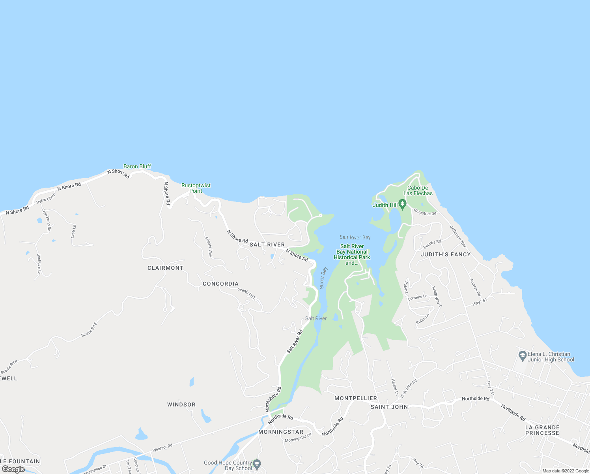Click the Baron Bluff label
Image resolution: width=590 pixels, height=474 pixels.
point(137,166)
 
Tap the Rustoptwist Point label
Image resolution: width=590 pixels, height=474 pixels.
point(196,188)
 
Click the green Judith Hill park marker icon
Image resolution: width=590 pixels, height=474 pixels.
point(402,204)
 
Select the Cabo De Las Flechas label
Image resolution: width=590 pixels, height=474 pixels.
point(418,190)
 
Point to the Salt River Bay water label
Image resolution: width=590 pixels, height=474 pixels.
point(355,237)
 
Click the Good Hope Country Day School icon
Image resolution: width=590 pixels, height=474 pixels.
point(257,464)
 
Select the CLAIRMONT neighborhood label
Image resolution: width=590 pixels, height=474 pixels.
point(165,268)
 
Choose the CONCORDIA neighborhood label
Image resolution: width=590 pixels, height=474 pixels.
point(220,284)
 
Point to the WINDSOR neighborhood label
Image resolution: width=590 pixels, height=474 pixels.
point(181,404)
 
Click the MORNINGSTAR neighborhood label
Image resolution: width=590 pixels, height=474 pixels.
point(281,432)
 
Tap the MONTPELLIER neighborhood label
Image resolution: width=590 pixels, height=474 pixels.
point(356,398)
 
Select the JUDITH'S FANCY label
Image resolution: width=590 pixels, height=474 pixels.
point(446,254)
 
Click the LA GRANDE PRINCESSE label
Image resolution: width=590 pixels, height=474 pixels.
point(542,430)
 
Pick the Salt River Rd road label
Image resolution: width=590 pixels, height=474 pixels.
point(295,341)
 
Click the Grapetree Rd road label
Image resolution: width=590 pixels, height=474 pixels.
point(425,213)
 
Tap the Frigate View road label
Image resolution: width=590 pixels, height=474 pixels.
point(209,247)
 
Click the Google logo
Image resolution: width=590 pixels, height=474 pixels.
point(13,469)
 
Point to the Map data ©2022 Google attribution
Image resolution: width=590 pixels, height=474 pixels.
point(566,471)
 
